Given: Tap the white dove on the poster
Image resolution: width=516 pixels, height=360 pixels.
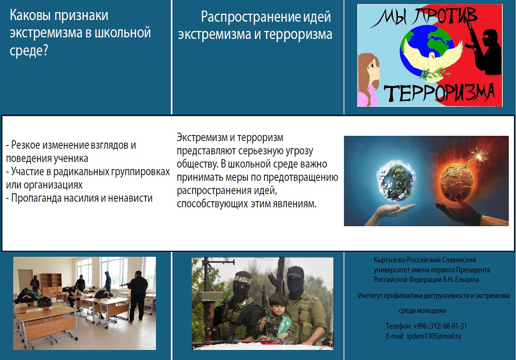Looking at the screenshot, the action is [432, 60].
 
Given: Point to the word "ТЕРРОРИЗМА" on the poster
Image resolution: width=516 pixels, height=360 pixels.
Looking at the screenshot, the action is [439, 93].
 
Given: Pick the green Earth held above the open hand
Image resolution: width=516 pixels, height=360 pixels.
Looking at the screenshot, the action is [396, 181].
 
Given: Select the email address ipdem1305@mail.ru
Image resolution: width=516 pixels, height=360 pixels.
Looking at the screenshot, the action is [434, 336].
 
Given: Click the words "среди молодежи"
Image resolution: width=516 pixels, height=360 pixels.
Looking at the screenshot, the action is [422, 311].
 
